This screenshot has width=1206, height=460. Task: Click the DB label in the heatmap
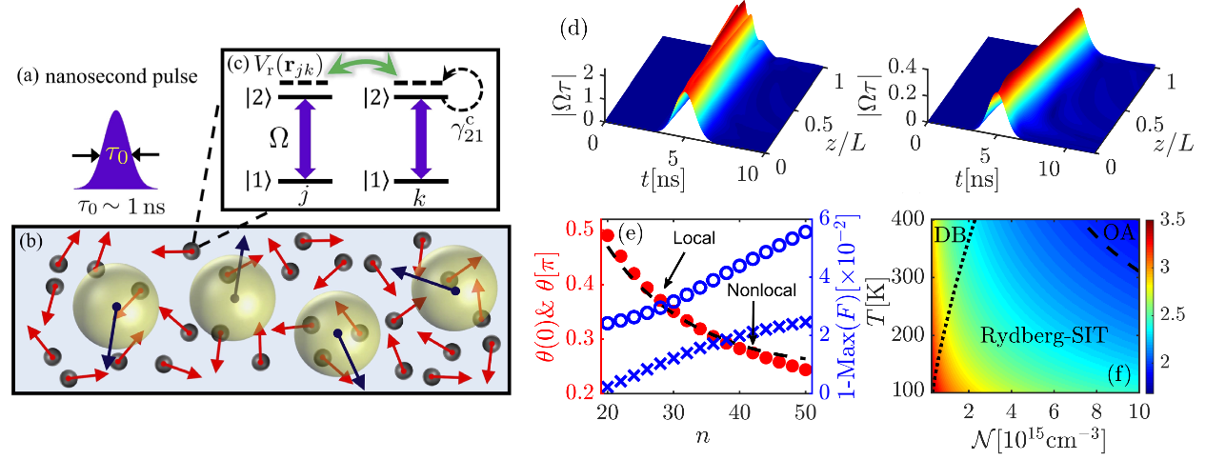(x=948, y=234)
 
